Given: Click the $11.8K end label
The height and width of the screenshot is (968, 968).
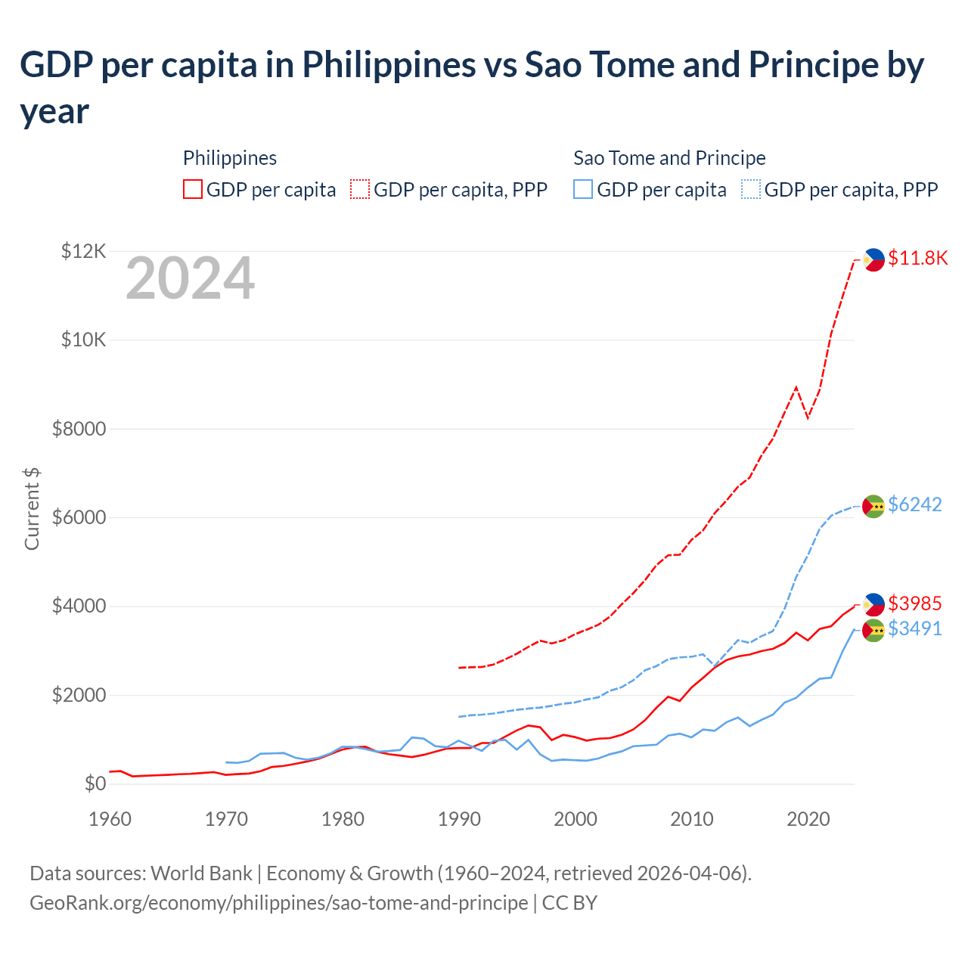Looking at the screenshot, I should [917, 259].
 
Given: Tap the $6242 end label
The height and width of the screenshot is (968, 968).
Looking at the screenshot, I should [914, 504].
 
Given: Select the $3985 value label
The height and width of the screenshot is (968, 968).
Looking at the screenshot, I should [914, 603].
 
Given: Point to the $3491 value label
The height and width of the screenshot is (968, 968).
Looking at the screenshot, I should [914, 628].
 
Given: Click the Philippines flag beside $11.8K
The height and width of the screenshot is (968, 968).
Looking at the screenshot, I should [873, 259].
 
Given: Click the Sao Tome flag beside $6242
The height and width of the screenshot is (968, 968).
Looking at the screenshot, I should [873, 506].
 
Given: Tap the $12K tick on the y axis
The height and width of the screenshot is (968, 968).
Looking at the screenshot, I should [83, 251].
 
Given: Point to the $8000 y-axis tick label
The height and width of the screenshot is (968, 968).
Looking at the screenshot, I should [79, 430].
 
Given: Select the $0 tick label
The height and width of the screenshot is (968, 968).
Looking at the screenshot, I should [95, 784].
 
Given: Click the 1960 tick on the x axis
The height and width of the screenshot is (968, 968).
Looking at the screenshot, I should [110, 819].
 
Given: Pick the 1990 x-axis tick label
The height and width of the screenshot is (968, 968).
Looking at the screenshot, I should [459, 819].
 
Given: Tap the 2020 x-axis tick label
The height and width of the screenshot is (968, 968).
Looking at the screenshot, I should [808, 819].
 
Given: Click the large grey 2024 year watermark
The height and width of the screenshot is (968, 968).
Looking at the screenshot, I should [190, 279].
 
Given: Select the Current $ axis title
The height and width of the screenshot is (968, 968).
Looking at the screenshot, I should [32, 508].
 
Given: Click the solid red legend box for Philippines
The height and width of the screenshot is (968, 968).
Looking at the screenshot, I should [193, 189].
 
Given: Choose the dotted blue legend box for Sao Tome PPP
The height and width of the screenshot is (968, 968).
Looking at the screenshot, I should [751, 189].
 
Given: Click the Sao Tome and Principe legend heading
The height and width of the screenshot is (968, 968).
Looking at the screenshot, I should [669, 158].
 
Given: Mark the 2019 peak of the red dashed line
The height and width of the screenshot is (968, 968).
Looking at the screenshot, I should [796, 387].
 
